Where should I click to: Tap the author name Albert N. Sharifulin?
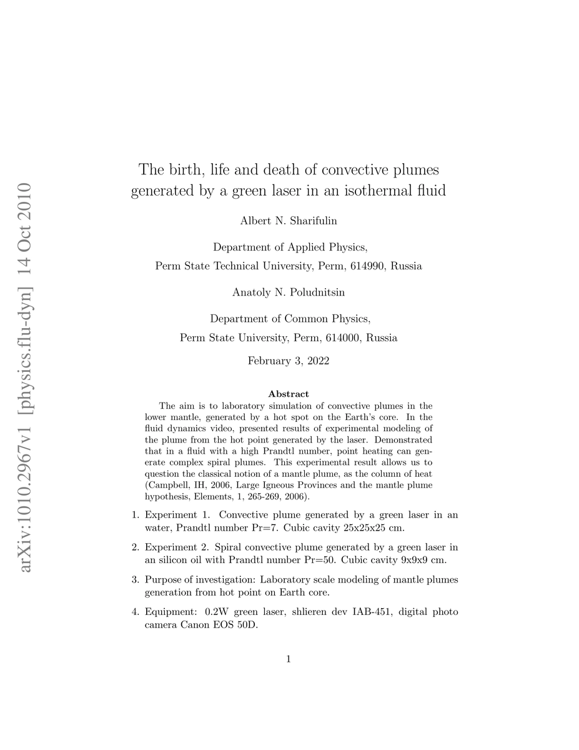tap(289, 221)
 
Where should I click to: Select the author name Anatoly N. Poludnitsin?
tap(289, 292)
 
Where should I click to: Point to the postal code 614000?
tap(344, 337)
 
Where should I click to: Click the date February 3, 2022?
tap(289, 361)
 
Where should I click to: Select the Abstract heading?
tap(289, 394)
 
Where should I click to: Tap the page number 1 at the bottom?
tap(289, 658)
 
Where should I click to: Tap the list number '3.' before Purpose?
tap(135, 579)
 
